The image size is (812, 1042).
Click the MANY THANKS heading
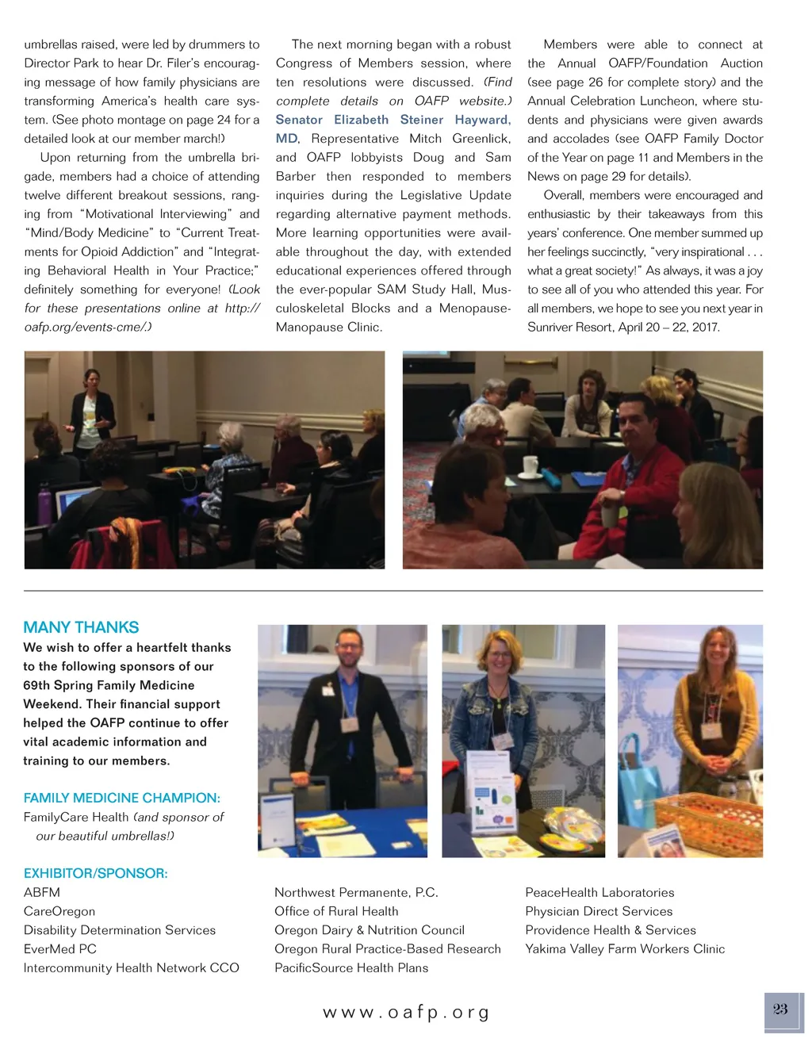[x=81, y=627]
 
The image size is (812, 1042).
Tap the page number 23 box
[x=780, y=1009]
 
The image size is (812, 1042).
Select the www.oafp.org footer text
[x=406, y=1013]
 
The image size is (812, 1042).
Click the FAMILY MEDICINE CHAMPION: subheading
[x=122, y=798]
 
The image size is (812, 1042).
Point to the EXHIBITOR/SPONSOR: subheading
[x=96, y=873]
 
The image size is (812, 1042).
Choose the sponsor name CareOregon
[x=59, y=911]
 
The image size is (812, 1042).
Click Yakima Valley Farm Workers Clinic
[x=625, y=948]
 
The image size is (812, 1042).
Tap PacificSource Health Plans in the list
[x=351, y=967]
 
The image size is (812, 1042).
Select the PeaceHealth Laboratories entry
[x=599, y=892]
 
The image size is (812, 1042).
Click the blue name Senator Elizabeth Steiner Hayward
[x=393, y=120]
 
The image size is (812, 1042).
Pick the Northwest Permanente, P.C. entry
[x=356, y=892]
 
